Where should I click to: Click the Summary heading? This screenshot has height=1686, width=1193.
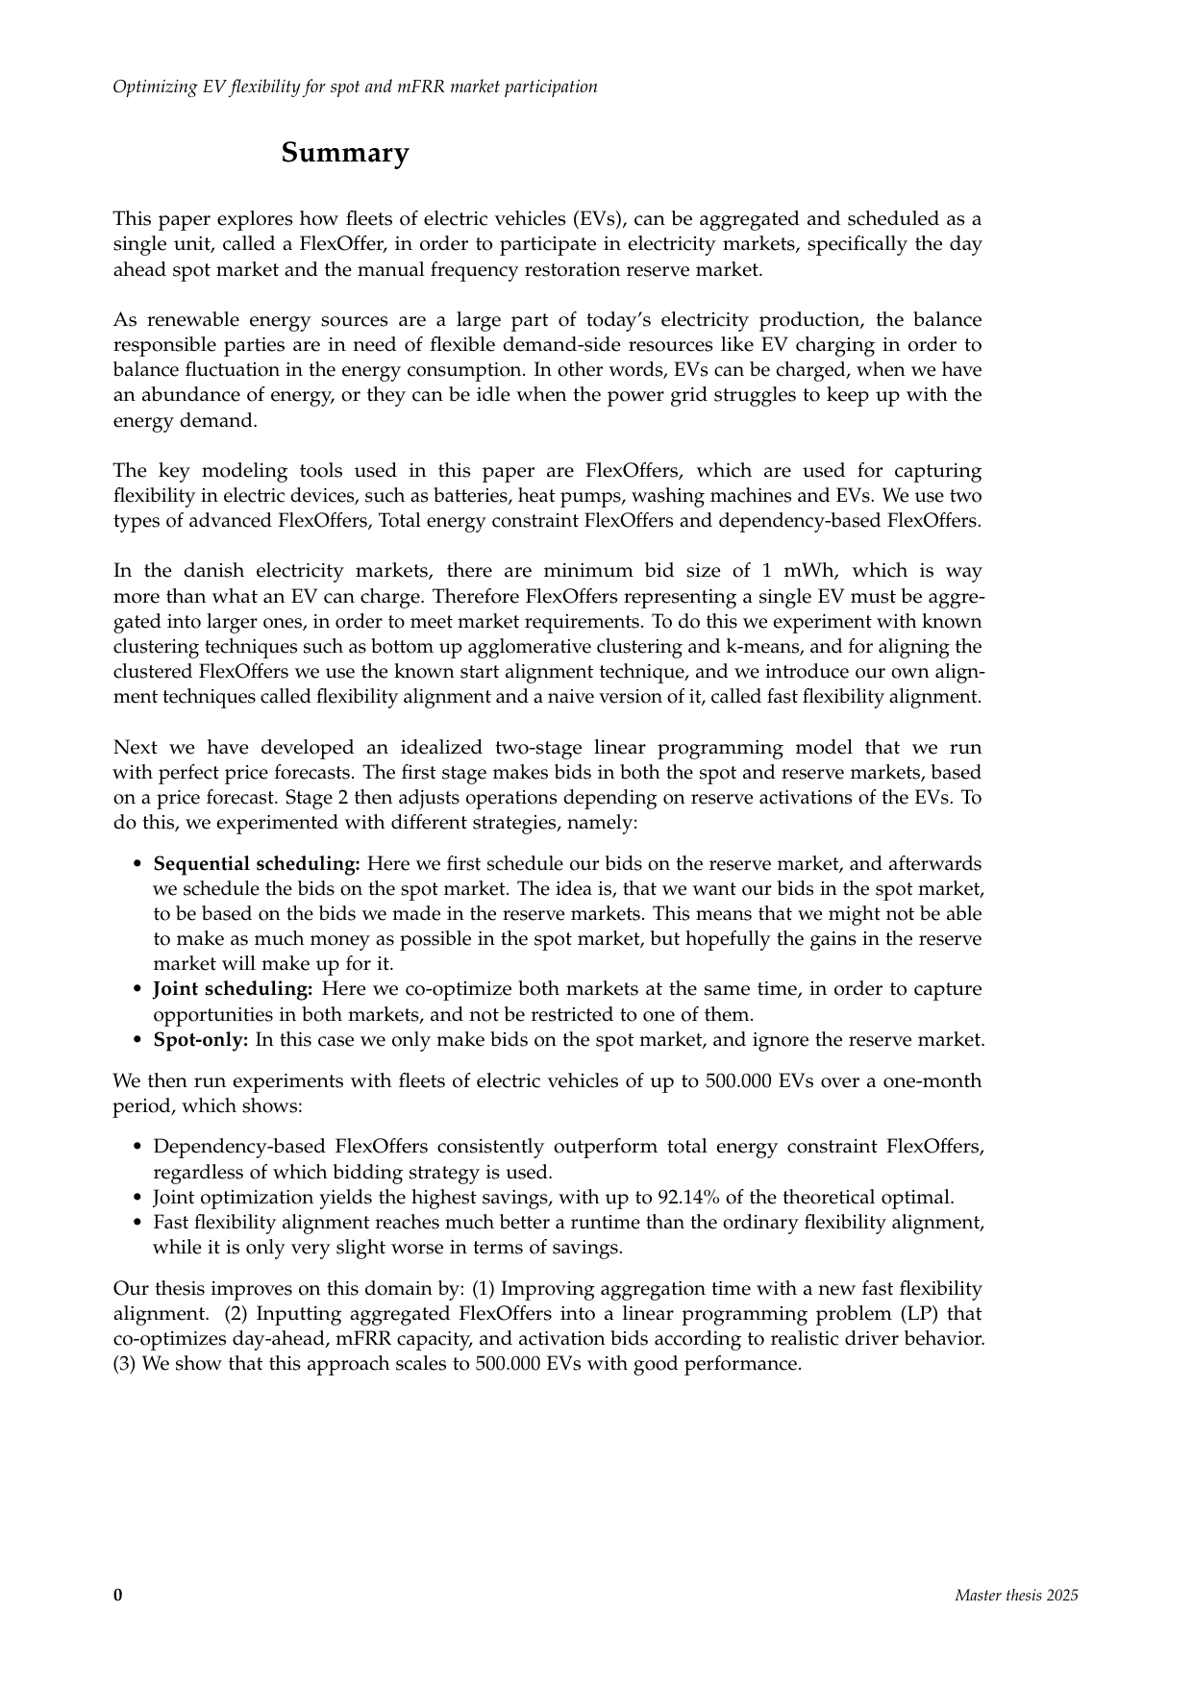(344, 153)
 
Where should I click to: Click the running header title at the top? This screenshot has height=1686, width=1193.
(355, 87)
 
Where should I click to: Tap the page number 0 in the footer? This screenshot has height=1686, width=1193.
(118, 1596)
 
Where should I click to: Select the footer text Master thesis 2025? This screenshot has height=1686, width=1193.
(1016, 1596)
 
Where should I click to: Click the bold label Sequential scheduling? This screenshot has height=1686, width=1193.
(257, 864)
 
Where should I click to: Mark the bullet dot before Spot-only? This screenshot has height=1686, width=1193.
(138, 1040)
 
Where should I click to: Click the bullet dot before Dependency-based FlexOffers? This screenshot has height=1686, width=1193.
(138, 1148)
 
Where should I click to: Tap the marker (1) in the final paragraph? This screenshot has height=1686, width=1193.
(483, 1289)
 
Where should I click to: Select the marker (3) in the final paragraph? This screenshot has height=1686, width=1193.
(125, 1364)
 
